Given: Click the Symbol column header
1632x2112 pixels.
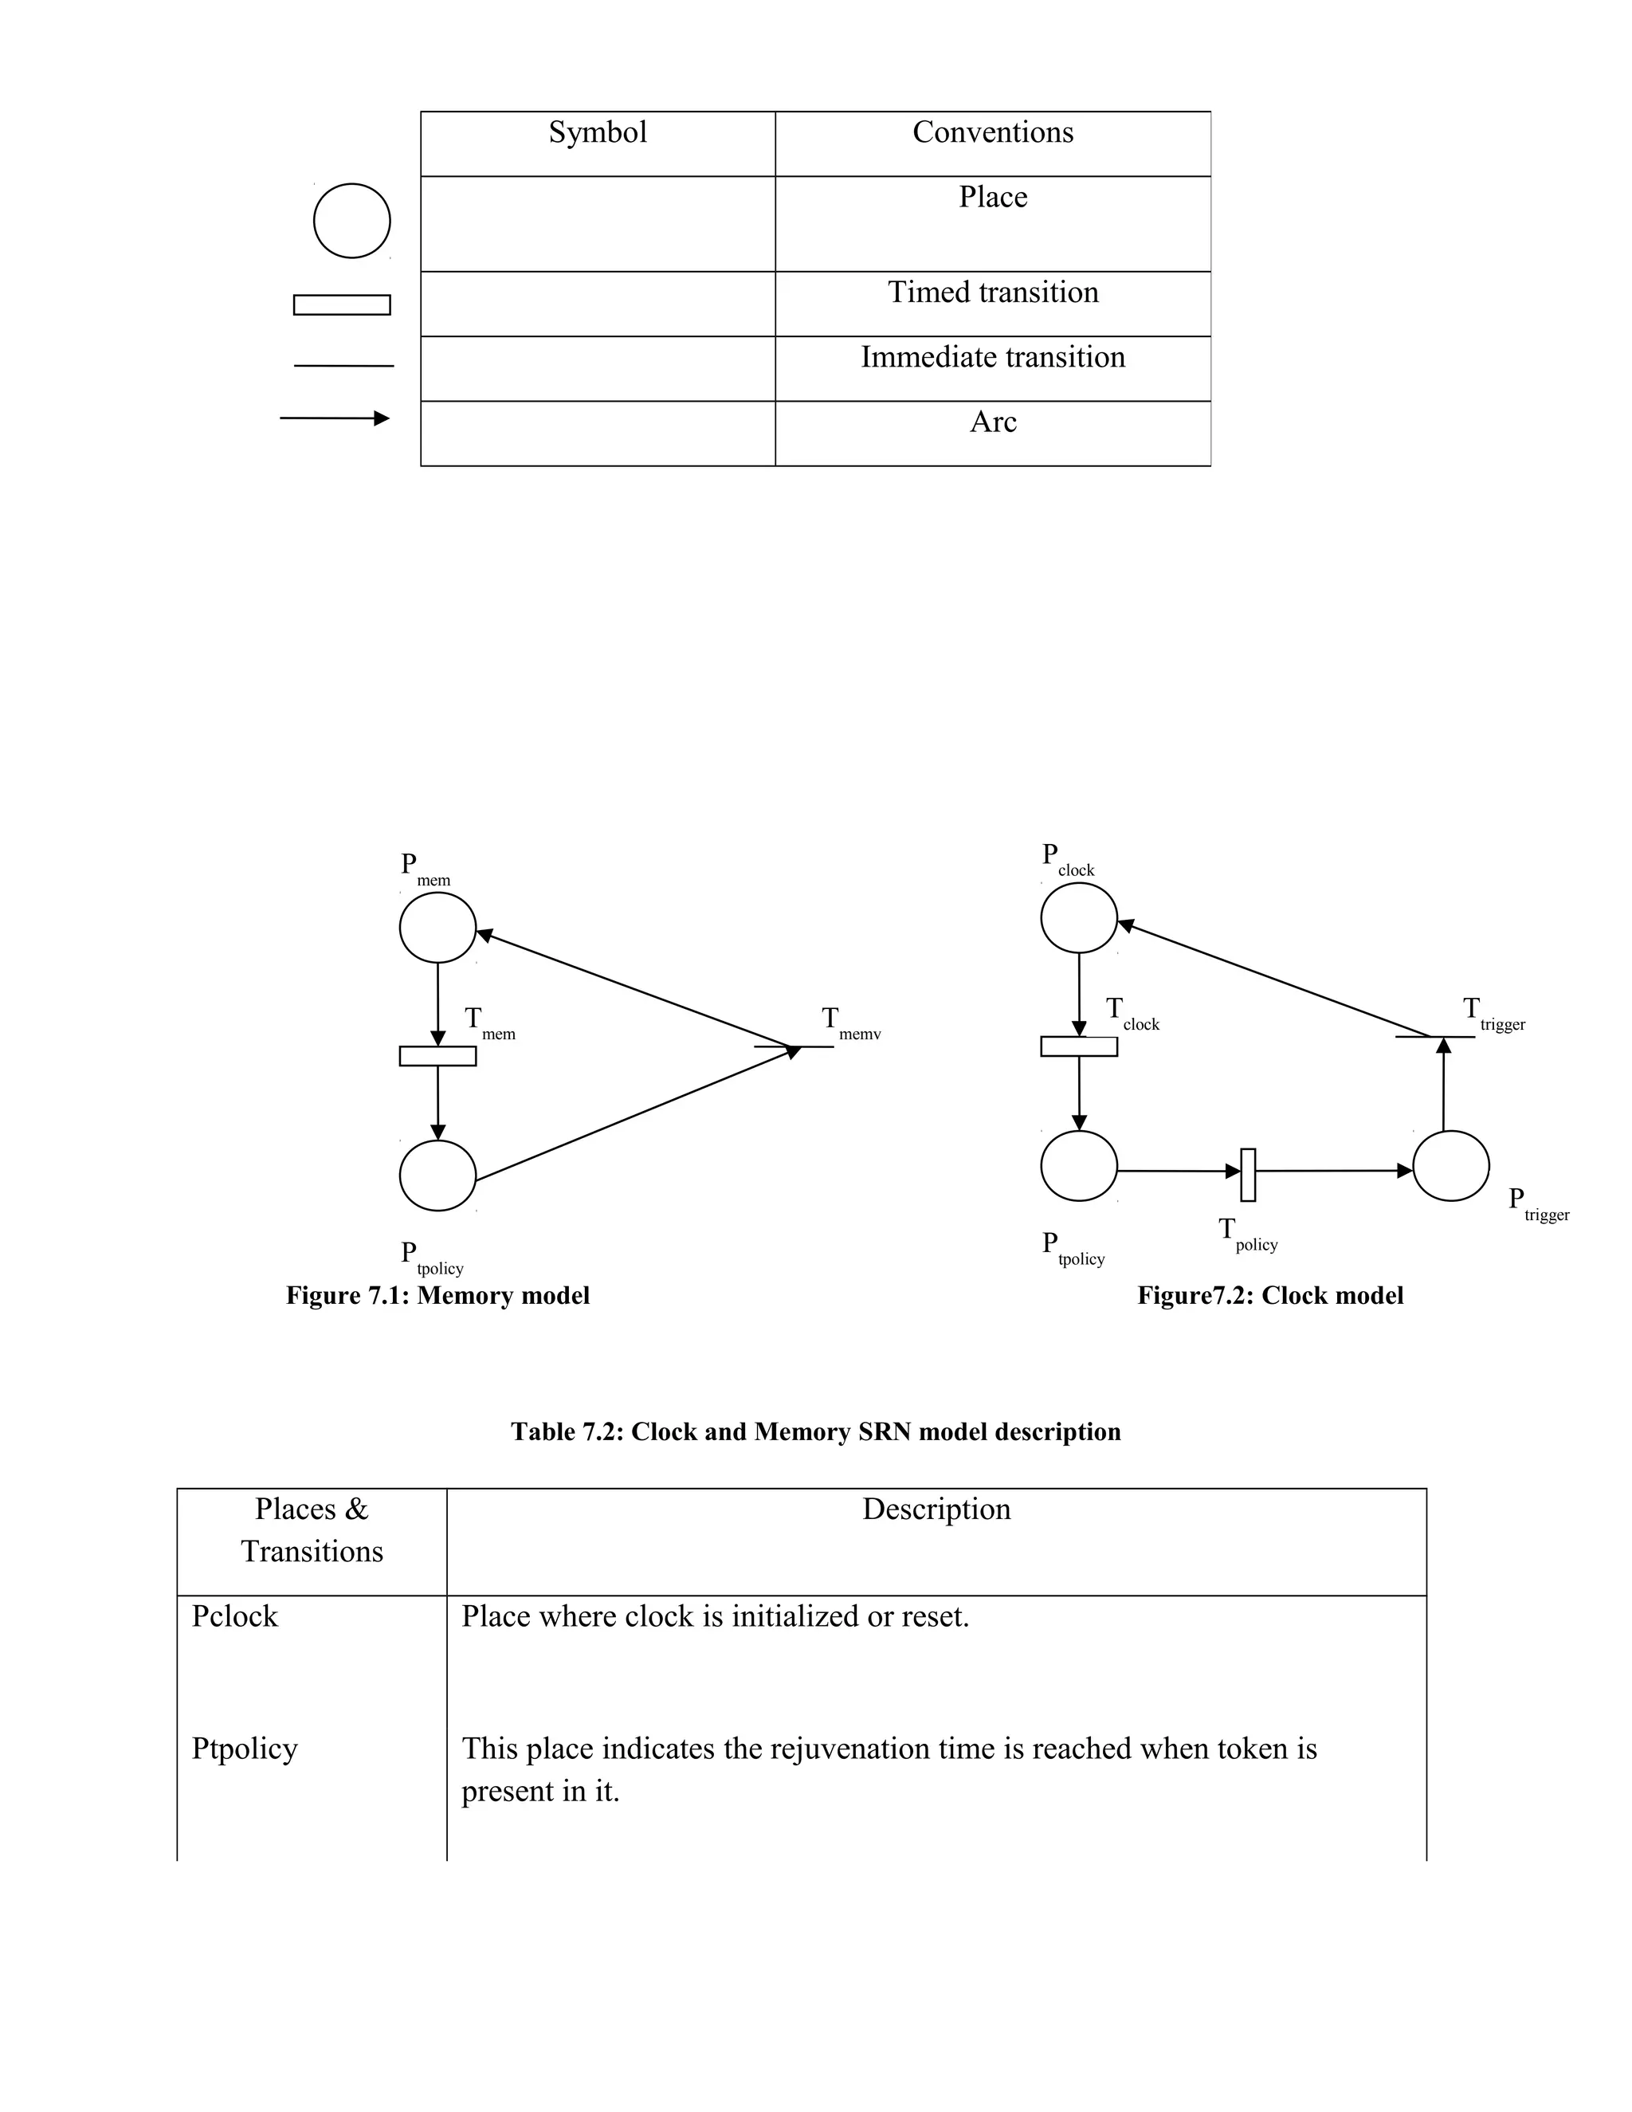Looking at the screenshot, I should point(598,132).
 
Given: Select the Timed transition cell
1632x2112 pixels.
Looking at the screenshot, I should point(993,292).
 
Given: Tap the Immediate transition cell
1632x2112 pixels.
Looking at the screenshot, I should point(993,357).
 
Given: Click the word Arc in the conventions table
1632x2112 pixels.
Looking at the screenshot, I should point(993,422).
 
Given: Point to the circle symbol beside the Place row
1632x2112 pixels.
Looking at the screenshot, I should point(352,221).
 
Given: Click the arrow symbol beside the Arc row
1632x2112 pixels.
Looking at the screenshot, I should point(335,418).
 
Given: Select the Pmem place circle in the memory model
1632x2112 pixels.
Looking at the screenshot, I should point(438,928).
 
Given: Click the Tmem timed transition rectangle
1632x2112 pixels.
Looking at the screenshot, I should point(438,1056).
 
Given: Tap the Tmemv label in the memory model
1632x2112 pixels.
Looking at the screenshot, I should point(849,1023).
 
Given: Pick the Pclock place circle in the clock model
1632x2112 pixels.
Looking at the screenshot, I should point(1079,917).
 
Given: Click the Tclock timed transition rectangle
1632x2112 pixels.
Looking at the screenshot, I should point(1079,1046).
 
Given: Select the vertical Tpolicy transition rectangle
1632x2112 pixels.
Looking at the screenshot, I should point(1248,1175).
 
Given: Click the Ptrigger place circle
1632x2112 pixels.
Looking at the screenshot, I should point(1450,1165).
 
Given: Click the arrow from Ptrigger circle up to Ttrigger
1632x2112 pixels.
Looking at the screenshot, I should point(1443,1083).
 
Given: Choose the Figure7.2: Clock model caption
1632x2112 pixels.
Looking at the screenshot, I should point(1269,1295).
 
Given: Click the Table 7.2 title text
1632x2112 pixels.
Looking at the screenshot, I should point(815,1431).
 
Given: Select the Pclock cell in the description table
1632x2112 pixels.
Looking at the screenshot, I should point(235,1616).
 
